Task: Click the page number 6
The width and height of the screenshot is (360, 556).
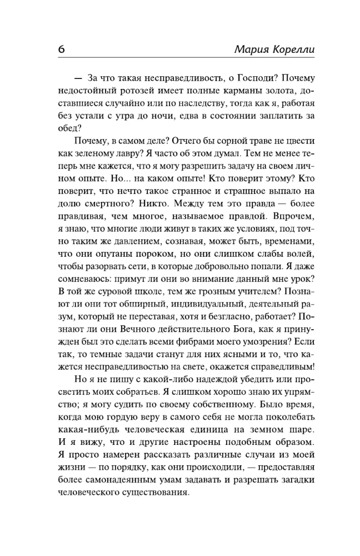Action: click(61, 48)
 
